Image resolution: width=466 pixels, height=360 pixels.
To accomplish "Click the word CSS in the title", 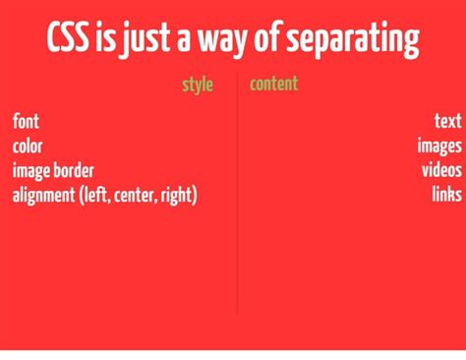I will point(69,40).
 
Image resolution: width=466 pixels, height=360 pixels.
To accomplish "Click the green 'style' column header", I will point(198,85).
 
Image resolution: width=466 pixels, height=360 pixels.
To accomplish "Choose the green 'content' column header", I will point(273,84).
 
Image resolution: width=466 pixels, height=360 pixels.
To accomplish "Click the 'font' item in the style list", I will point(26,122).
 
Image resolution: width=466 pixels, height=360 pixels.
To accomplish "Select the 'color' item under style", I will point(28,147).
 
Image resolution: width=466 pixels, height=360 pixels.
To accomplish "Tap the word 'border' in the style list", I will point(73,170).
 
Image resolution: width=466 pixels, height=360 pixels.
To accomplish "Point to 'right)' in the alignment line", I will point(178,195).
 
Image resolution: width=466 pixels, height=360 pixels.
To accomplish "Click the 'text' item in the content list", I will point(448,122).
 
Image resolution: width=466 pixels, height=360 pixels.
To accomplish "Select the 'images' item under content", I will point(438,147).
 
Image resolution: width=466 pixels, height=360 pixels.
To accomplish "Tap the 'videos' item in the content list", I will point(441,170).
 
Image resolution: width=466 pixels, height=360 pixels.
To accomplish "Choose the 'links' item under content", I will point(446,194).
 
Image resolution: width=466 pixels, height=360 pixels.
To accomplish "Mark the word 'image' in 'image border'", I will point(29,171).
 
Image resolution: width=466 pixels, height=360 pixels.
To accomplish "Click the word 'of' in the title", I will point(267,41).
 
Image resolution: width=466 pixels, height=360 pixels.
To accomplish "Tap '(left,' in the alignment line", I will point(95,195).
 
